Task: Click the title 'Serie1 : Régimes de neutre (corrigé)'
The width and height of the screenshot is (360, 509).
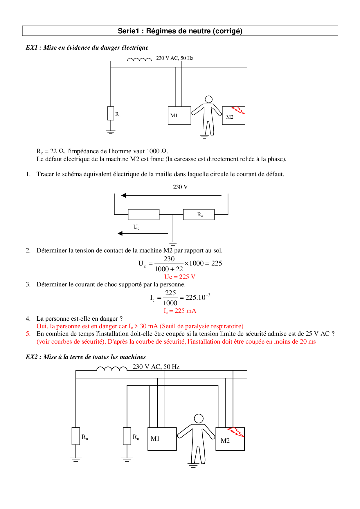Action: pos(180,31)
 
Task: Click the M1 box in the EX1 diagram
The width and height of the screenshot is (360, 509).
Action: pos(179,115)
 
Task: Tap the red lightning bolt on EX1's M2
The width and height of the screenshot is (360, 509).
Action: pos(239,110)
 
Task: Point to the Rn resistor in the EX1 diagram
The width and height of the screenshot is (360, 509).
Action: pos(111,113)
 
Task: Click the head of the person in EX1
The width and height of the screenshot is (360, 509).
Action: pos(208,99)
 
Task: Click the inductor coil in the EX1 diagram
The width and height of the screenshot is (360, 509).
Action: pos(139,60)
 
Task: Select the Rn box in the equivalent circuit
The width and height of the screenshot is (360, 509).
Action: pos(199,214)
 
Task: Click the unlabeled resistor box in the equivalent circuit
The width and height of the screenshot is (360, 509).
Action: pos(144,214)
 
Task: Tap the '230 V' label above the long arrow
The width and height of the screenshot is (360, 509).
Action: pos(180,187)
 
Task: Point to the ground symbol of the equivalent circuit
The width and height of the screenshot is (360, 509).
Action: pos(173,243)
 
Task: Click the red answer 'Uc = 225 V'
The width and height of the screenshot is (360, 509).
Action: pos(180,277)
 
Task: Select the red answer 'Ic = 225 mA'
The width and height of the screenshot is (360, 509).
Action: pos(180,311)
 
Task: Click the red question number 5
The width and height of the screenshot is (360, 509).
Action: pos(28,334)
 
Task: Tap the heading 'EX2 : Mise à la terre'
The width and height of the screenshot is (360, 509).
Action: pos(86,357)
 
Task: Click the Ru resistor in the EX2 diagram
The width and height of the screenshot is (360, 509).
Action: pos(127,436)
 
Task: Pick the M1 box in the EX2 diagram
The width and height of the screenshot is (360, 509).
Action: pos(162,439)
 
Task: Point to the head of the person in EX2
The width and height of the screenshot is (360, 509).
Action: pos(199,418)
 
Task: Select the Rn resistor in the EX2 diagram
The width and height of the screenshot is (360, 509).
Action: pos(76,436)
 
